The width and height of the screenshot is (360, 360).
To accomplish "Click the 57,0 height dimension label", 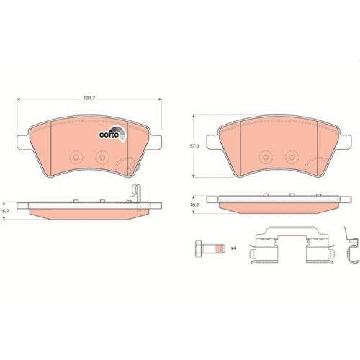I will point(194,146).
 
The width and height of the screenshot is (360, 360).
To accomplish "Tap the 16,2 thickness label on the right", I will point(194,205).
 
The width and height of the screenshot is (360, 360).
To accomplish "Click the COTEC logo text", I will point(109,132).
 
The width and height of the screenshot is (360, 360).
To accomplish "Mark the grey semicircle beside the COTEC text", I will point(123,132).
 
